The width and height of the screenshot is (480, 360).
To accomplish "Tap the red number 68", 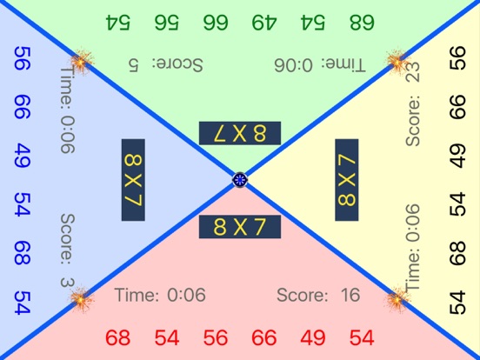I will (117, 337).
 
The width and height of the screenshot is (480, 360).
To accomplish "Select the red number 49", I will (312, 337).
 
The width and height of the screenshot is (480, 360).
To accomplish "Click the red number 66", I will (264, 337).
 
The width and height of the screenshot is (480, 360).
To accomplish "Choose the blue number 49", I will (23, 157).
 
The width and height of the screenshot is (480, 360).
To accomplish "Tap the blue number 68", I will (23, 253).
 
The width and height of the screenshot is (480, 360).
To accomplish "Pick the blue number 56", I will (23, 58).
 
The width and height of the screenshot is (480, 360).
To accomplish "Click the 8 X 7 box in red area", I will (240, 226).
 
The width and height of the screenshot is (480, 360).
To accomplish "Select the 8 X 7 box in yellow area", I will (346, 181).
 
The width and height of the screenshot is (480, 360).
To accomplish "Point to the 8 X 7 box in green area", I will (240, 133).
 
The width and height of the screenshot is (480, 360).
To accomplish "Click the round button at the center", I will (241, 180).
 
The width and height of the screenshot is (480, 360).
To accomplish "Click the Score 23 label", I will (413, 108).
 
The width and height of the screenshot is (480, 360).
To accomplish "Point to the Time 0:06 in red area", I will (160, 296).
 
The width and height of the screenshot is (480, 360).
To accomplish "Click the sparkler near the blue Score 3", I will (81, 300).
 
